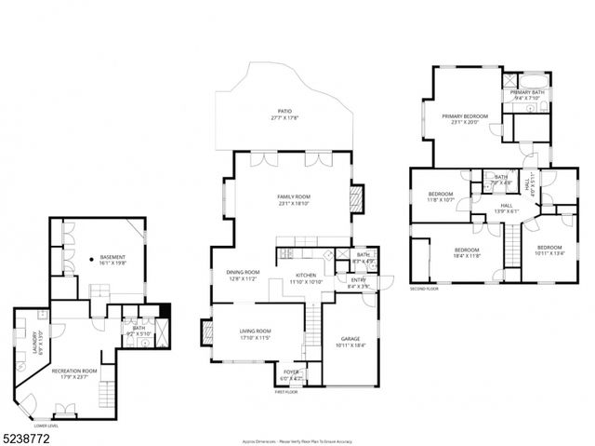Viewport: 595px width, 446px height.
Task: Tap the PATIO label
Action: point(284,111)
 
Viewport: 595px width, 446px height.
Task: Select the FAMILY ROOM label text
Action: point(293,197)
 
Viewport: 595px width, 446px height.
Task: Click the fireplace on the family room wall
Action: point(354,198)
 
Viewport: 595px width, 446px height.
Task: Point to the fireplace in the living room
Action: point(207,332)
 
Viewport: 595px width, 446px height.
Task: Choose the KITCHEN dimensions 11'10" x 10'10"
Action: point(306,281)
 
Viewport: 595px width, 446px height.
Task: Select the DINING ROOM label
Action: point(243,272)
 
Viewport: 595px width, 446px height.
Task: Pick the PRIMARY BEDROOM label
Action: point(465,116)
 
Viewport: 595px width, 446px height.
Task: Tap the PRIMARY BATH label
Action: point(526,91)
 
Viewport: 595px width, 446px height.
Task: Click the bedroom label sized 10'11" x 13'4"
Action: point(549,249)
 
